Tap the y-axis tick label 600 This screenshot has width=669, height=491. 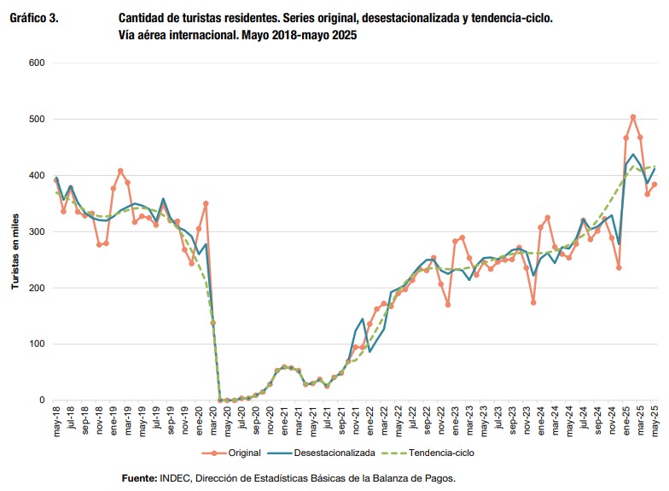click(x=37, y=63)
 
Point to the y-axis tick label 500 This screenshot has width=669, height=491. click(x=37, y=120)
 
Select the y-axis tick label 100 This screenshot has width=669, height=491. click(x=37, y=344)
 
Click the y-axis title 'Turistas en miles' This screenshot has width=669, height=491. click(x=14, y=231)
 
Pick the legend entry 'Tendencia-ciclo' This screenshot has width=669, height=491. click(x=436, y=452)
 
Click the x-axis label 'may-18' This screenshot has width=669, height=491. click(x=56, y=419)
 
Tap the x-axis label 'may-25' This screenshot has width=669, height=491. click(x=655, y=419)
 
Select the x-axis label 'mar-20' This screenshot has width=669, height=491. click(x=213, y=419)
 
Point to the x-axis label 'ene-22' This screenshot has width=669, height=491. click(x=369, y=419)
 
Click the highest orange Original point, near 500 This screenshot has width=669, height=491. click(x=633, y=117)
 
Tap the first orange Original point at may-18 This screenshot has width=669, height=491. click(x=56, y=180)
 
